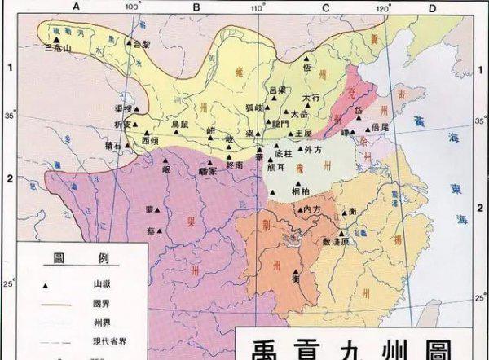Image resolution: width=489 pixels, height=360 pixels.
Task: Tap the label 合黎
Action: click(x=139, y=44)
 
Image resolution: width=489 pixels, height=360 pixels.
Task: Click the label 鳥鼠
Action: click(x=180, y=124)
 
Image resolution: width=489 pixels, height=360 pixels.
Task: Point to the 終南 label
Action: click(x=234, y=165)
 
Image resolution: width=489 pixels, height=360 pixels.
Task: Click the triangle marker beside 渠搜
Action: click(x=138, y=109)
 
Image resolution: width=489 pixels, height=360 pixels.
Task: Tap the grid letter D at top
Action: click(x=433, y=7)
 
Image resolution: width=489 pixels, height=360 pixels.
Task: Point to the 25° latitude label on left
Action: click(x=11, y=284)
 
